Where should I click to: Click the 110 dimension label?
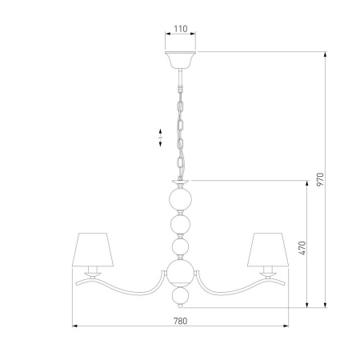181,29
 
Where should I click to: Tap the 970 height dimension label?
320,179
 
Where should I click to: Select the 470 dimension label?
302,248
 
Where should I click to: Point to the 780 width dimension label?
181,321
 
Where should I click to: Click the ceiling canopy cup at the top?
180,59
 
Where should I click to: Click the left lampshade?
93,250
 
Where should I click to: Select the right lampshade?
268,250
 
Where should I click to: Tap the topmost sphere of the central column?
180,199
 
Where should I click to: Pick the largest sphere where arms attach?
180,272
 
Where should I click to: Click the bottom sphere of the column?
180,295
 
